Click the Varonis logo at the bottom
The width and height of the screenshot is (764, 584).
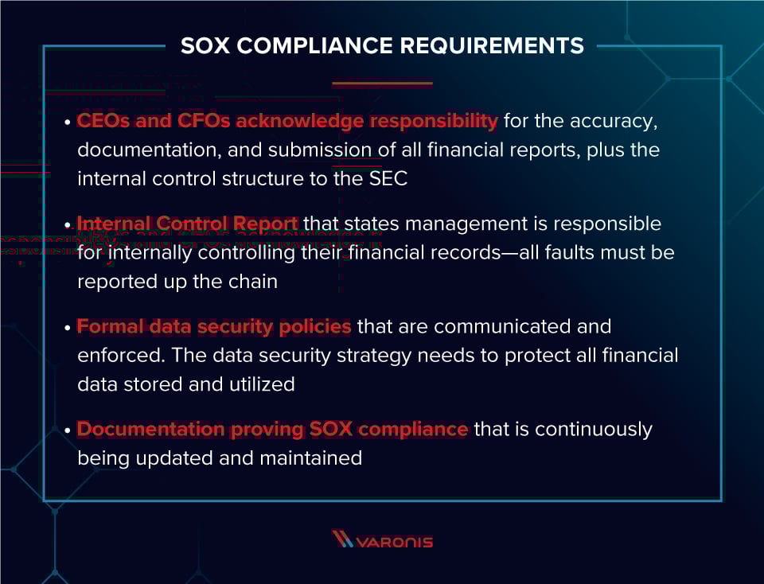click(382, 540)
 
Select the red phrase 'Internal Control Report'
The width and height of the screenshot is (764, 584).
click(188, 224)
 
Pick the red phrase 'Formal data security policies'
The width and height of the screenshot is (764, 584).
click(214, 326)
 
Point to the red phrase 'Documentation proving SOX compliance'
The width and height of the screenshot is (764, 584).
click(272, 429)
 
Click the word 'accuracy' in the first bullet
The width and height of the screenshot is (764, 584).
click(618, 121)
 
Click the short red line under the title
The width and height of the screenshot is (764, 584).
click(382, 83)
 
